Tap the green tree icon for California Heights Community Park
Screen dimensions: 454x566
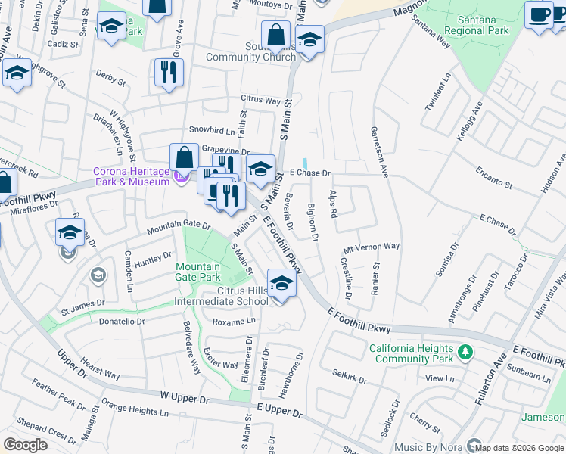click(x=467, y=352)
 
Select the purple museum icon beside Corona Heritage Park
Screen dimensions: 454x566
click(x=179, y=177)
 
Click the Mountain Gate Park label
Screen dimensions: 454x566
click(x=198, y=272)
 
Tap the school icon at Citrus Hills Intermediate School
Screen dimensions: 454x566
click(x=281, y=285)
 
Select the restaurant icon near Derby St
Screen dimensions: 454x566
click(x=169, y=73)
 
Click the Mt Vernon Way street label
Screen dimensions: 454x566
click(x=371, y=247)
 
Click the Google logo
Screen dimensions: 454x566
click(x=25, y=445)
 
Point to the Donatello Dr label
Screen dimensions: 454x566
click(x=122, y=322)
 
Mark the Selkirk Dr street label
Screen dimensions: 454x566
click(x=350, y=376)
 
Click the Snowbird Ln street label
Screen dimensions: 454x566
click(x=208, y=130)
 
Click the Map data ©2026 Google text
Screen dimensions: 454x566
click(x=518, y=448)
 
